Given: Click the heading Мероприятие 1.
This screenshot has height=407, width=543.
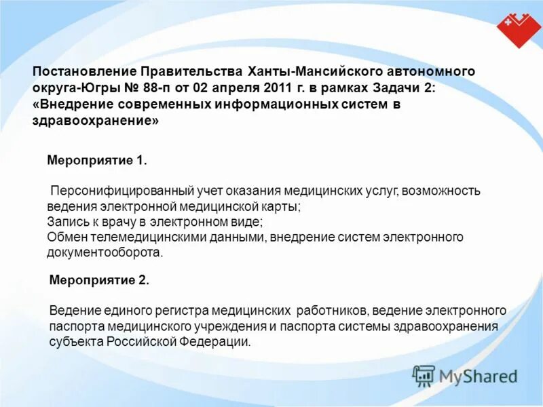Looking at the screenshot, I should tap(96, 160).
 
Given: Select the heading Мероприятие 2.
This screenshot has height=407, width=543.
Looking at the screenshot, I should tap(99, 279).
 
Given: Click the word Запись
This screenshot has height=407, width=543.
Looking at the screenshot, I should tap(66, 222).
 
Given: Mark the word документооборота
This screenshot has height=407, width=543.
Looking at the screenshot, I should tap(105, 252).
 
